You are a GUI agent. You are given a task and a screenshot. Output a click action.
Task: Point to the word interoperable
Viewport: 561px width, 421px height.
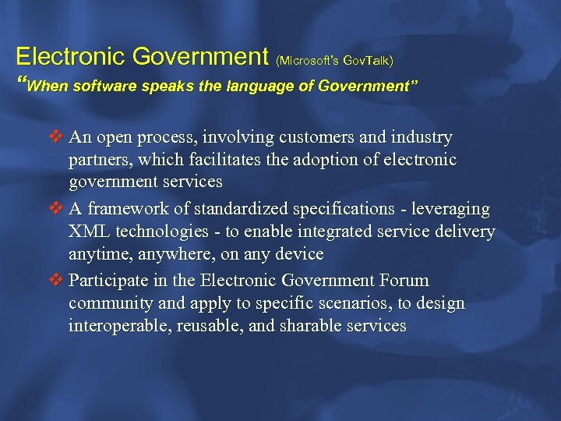(114, 325)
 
